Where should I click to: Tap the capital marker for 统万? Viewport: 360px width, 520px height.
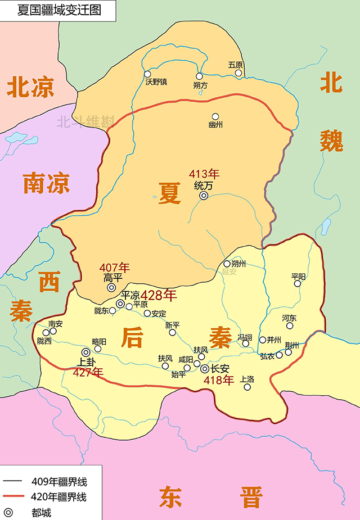pos(204,196)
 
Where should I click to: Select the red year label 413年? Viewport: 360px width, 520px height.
pos(204,174)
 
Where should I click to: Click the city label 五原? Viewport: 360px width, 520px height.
pos(236,65)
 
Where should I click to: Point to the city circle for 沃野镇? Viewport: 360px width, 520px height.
pos(147,74)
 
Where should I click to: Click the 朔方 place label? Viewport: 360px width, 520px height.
pos(200,85)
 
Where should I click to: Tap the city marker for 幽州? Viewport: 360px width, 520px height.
pos(215,116)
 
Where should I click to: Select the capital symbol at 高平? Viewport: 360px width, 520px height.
pos(111,288)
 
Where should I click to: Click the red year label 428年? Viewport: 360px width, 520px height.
pos(158,295)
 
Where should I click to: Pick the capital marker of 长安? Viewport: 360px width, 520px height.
pos(205,369)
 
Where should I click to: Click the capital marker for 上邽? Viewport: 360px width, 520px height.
pos(85,352)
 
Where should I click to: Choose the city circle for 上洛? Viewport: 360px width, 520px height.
pos(247,387)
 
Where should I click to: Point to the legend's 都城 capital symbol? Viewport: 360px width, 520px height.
pos(8,512)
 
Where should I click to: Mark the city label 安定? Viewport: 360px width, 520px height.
pos(159,314)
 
